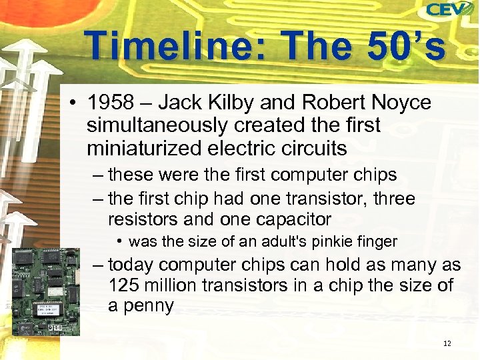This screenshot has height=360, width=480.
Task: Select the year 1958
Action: coord(109,103)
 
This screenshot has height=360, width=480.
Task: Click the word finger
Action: coord(376,241)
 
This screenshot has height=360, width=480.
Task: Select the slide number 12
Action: coord(447,343)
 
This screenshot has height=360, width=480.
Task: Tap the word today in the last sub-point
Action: coord(131,265)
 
